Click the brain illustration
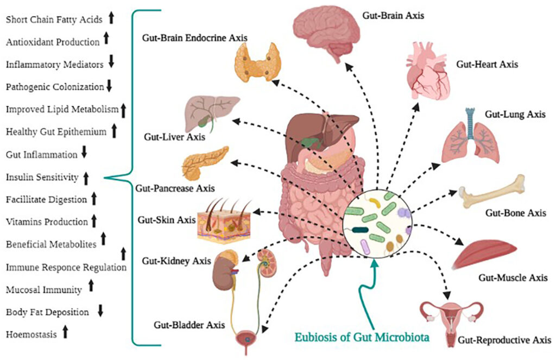tap(324, 29)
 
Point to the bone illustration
tap(493, 191)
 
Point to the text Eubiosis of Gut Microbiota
tap(363, 337)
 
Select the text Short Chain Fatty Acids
tap(54, 19)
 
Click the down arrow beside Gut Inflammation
tap(84, 154)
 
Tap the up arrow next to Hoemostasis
tap(66, 333)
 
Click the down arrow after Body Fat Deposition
tap(100, 311)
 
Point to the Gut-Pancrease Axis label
tap(173, 189)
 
